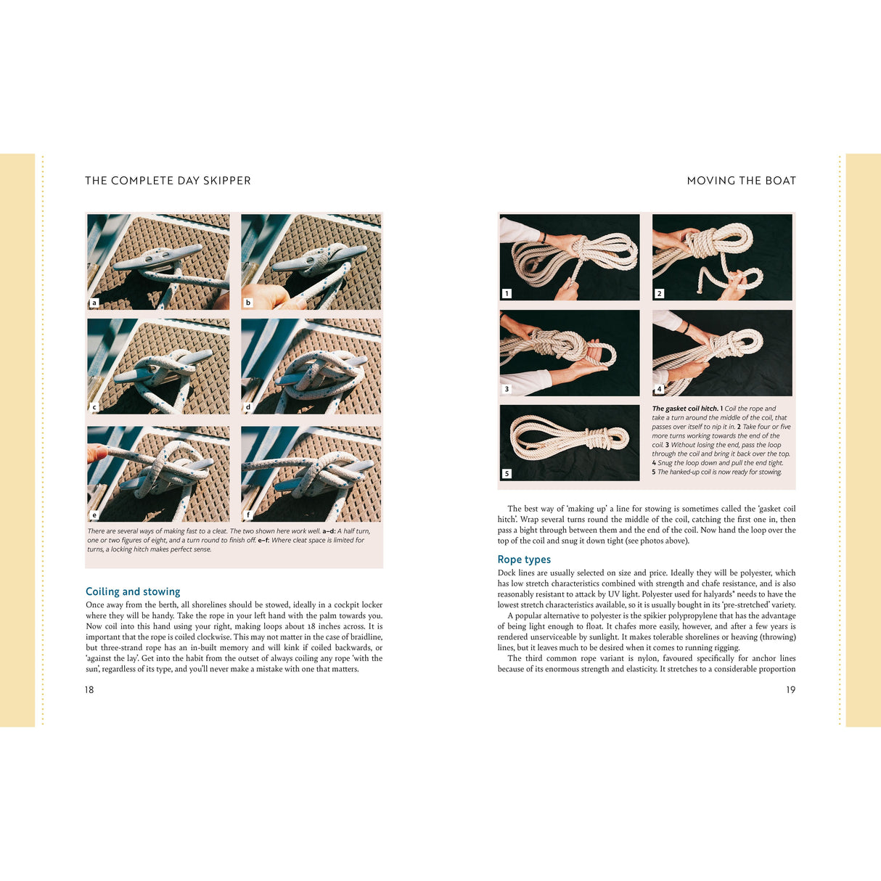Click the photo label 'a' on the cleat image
point(94,303)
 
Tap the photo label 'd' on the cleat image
point(248,407)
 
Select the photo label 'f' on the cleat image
point(248,515)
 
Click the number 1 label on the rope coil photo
point(507,293)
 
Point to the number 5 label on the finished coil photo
point(507,473)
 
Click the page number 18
point(89,689)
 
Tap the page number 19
point(790,689)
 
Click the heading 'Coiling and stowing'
point(133,591)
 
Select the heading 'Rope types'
point(524,560)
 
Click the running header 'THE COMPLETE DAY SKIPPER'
point(168,181)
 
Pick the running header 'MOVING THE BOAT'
point(741,181)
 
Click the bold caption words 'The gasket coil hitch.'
point(685,409)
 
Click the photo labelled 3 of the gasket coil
point(570,353)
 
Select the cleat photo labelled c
point(158,366)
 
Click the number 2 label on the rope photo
point(659,293)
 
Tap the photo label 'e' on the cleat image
point(94,515)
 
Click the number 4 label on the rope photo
point(659,389)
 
